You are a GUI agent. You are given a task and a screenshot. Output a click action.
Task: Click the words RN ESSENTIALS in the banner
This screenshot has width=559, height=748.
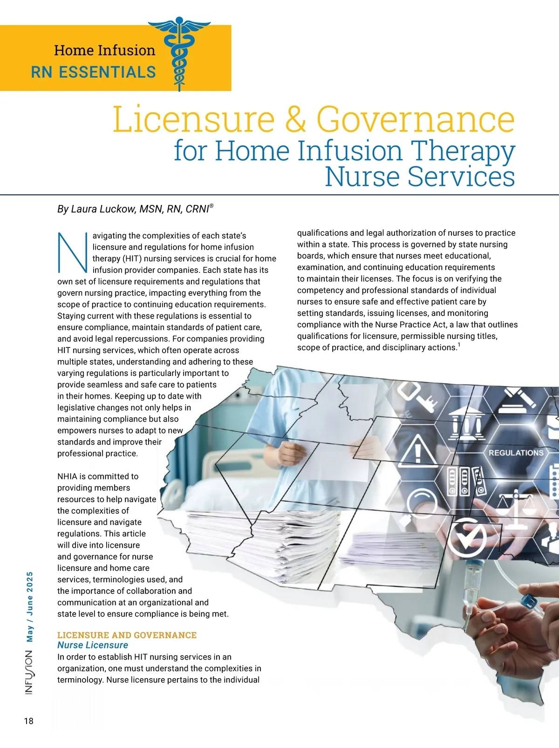[x=93, y=72]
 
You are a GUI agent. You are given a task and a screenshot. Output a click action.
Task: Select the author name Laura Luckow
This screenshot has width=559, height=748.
[x=103, y=209]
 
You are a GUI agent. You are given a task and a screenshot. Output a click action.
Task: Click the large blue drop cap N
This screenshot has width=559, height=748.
[x=72, y=252]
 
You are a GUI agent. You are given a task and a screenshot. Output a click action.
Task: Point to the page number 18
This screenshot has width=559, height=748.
[x=28, y=721]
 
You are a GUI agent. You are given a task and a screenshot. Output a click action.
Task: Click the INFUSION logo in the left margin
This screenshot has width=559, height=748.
[x=29, y=673]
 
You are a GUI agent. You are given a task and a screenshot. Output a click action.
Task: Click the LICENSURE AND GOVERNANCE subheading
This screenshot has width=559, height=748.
[x=127, y=635]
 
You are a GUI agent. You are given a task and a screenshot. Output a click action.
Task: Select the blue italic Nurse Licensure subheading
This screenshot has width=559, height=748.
[x=93, y=645]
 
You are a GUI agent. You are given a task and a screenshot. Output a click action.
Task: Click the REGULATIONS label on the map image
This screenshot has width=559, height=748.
[x=516, y=453]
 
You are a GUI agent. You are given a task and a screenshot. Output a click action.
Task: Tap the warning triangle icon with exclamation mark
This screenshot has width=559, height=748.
[x=418, y=451]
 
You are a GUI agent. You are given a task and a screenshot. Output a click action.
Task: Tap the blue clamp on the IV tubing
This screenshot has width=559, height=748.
[x=531, y=604]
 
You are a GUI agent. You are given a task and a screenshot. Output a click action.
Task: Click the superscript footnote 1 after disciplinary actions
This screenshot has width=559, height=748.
[x=459, y=345]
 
